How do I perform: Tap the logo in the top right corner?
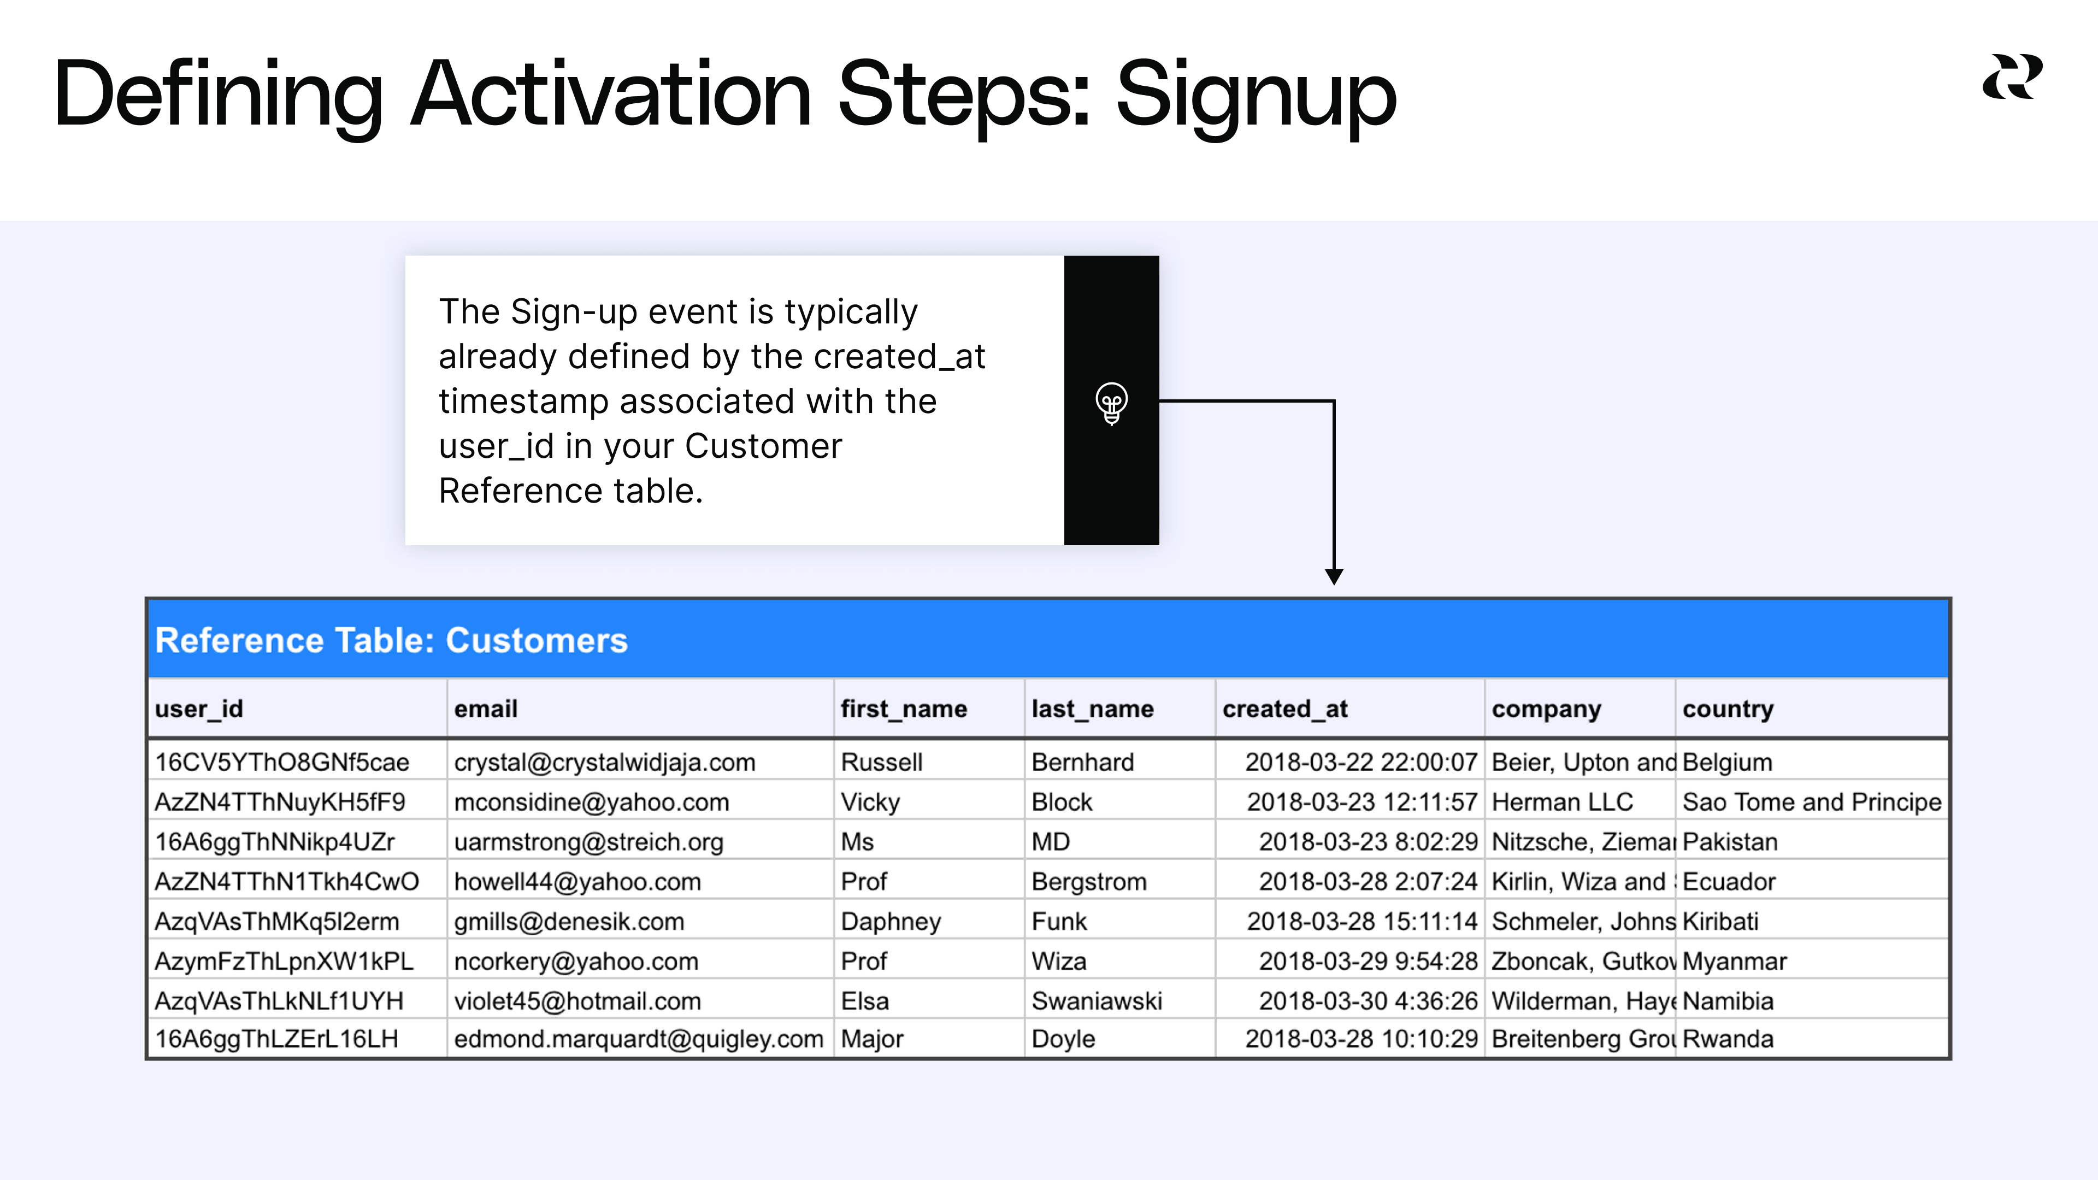[2012, 78]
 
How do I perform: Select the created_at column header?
[1284, 709]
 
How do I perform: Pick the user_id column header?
[199, 709]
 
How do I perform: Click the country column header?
[1728, 709]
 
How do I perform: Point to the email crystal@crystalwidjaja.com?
[604, 762]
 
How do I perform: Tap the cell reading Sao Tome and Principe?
[1811, 802]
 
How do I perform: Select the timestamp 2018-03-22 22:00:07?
[1360, 762]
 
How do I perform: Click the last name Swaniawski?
[1096, 1001]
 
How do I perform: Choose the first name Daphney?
[890, 922]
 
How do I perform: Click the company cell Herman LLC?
[1561, 802]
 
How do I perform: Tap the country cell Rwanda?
[1728, 1039]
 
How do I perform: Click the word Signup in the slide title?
[1255, 96]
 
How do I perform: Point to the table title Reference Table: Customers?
[391, 641]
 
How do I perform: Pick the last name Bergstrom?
[1088, 882]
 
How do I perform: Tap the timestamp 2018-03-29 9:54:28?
[1368, 961]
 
